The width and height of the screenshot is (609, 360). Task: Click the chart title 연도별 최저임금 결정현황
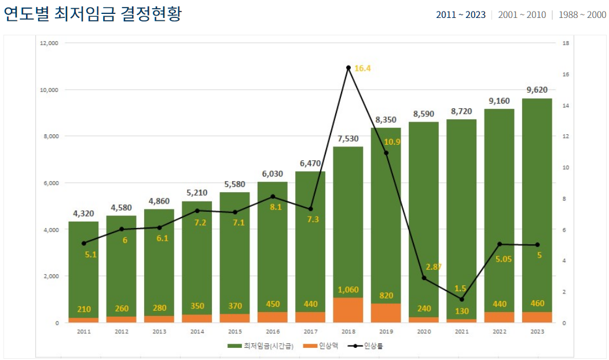click(x=93, y=14)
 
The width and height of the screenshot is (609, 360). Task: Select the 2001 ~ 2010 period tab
click(x=521, y=14)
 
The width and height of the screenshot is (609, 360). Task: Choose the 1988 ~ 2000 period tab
click(x=582, y=14)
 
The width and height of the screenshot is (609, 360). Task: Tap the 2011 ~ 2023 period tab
click(x=460, y=14)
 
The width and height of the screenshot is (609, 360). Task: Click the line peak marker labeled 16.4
click(x=348, y=68)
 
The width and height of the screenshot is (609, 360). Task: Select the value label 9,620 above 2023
click(x=537, y=90)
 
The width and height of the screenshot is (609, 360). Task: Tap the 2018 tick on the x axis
click(x=348, y=332)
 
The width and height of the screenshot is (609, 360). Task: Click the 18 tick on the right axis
click(x=566, y=43)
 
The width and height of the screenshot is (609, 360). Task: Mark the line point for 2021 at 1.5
click(x=461, y=299)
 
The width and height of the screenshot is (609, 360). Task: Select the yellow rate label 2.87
click(x=434, y=267)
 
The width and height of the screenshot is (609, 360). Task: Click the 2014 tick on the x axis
click(x=197, y=332)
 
